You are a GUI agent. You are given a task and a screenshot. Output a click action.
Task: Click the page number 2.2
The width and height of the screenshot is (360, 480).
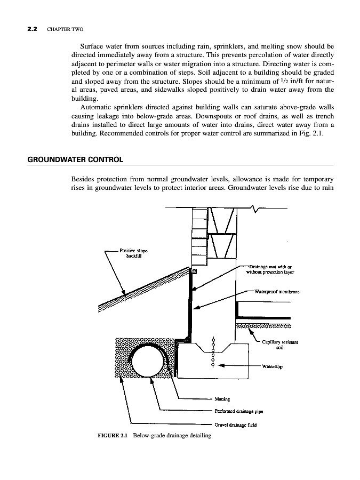tap(32, 29)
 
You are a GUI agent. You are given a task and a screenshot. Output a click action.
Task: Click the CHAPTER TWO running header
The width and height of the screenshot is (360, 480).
tap(65, 29)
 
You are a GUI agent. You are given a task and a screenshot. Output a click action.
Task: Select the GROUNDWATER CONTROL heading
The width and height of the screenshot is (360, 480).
tap(75, 159)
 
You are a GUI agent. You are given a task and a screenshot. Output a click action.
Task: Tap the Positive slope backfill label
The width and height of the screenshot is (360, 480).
tap(133, 253)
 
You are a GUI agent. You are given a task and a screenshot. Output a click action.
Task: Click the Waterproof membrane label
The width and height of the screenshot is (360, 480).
tap(277, 292)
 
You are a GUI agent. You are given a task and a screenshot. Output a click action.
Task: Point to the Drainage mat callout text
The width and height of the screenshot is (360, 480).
tap(270, 269)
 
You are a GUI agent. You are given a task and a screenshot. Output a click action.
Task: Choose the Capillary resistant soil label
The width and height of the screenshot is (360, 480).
tap(280, 345)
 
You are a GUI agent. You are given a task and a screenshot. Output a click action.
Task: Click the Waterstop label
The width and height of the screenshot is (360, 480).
tap(272, 366)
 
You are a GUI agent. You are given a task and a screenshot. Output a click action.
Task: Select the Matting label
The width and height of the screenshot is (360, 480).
tap(222, 399)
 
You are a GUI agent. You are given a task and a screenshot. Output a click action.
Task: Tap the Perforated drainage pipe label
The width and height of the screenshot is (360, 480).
tap(239, 411)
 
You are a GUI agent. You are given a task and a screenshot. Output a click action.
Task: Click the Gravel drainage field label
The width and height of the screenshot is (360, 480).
tap(236, 425)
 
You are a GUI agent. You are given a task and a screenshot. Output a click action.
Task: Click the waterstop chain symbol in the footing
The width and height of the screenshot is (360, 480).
tap(213, 353)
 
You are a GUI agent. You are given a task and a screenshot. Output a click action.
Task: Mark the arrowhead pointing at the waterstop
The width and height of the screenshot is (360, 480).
tap(221, 365)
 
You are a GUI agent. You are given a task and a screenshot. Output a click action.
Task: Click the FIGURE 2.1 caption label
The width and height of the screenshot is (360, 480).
tap(112, 435)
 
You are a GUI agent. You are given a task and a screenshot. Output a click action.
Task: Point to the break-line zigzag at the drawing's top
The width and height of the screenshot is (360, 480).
tap(255, 209)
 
